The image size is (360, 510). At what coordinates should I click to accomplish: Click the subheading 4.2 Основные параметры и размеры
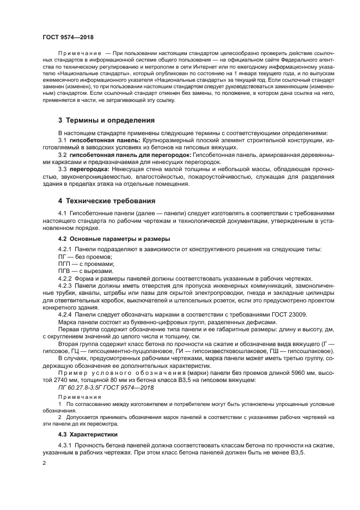click(x=114, y=239)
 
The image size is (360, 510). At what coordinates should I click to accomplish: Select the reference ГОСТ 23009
click(x=292, y=314)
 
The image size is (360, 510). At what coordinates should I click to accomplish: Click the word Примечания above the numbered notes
click(x=76, y=397)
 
